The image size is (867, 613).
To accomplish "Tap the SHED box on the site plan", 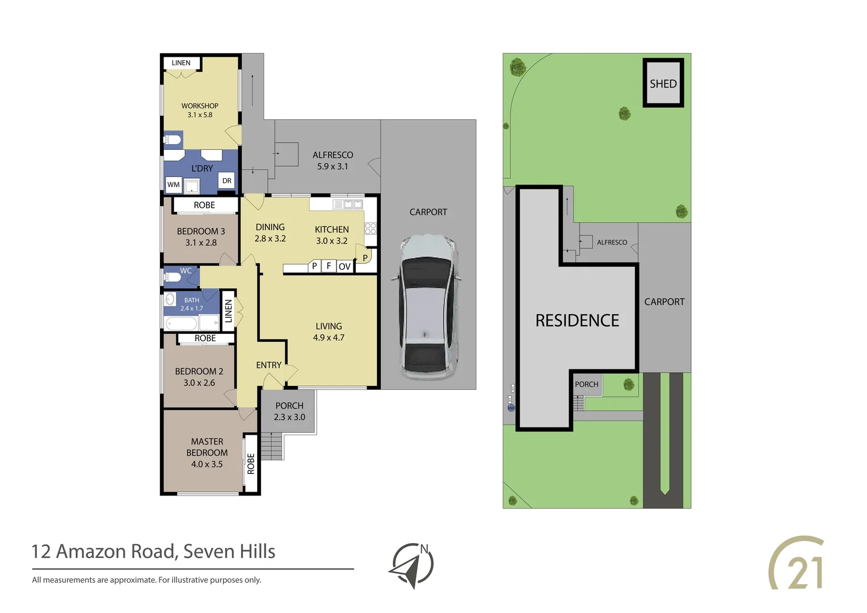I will coord(663,83).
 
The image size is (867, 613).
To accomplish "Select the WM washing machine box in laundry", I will coord(173,184).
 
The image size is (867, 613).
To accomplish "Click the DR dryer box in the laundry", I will coord(227,181).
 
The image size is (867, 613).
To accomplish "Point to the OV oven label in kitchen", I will coord(344,266).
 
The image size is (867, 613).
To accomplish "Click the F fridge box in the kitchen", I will coord(329,266).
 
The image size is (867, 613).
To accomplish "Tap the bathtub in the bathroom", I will coord(181,324).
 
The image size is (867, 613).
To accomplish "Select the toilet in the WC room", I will coord(171,277).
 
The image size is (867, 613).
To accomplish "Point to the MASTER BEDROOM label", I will coord(207,452).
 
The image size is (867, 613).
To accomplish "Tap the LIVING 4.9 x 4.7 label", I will coord(329,331).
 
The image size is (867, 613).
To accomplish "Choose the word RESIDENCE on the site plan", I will coord(577,321).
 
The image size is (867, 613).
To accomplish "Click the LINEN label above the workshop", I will coord(181,63).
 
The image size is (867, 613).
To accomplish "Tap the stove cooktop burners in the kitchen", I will coord(371,229).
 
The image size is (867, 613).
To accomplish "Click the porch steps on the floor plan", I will coord(272,446).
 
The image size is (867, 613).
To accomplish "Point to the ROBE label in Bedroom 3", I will coord(204,205).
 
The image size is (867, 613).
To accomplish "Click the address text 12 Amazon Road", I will coord(153,551).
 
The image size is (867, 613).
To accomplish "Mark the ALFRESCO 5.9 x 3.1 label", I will coord(333,161).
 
